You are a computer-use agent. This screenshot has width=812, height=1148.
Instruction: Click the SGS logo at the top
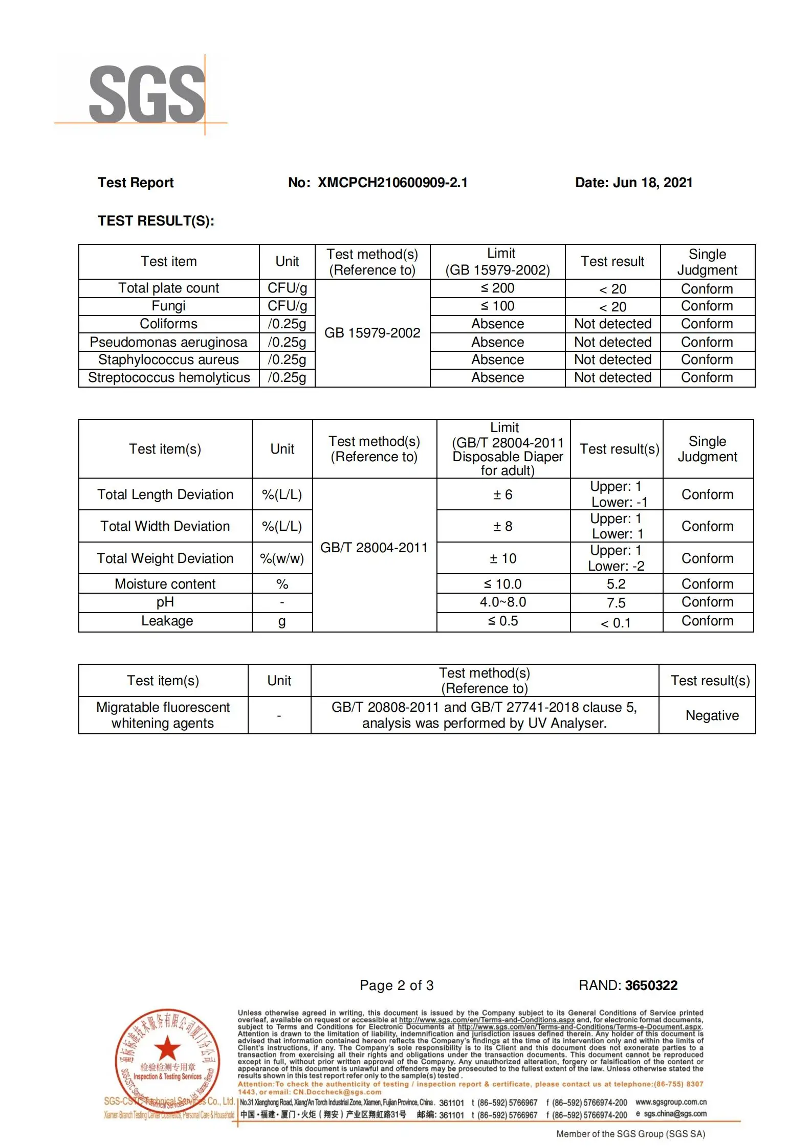(147, 95)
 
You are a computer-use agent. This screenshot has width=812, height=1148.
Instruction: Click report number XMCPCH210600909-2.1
(392, 183)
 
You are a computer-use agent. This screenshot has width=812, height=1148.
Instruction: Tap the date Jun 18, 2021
(652, 183)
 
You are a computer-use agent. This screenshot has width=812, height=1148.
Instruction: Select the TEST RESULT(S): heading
(156, 221)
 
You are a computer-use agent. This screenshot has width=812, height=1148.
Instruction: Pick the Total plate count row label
(168, 288)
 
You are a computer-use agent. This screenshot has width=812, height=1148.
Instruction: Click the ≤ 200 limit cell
(497, 288)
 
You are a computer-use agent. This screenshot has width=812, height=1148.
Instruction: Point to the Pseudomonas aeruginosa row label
(168, 342)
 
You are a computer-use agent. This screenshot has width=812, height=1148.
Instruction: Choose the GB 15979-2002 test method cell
(372, 333)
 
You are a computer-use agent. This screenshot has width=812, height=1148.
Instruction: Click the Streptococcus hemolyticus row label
(169, 377)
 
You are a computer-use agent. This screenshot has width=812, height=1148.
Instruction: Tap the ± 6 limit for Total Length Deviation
(502, 494)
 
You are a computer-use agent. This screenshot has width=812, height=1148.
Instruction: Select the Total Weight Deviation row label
(165, 558)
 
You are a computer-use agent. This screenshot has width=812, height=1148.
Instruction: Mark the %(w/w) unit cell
(282, 558)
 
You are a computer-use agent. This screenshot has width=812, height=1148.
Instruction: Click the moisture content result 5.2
(616, 584)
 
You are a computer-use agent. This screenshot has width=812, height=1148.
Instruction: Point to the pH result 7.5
(616, 603)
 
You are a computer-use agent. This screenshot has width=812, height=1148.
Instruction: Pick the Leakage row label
(167, 621)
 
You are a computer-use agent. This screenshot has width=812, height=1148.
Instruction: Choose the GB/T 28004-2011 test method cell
(374, 548)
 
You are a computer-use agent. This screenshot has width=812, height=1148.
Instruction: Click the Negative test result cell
(712, 715)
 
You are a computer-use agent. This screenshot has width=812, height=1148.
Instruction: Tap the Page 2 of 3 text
(397, 985)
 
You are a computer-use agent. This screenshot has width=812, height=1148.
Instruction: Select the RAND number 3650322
(651, 985)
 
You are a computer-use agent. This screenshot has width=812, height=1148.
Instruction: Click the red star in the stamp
(167, 1048)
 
